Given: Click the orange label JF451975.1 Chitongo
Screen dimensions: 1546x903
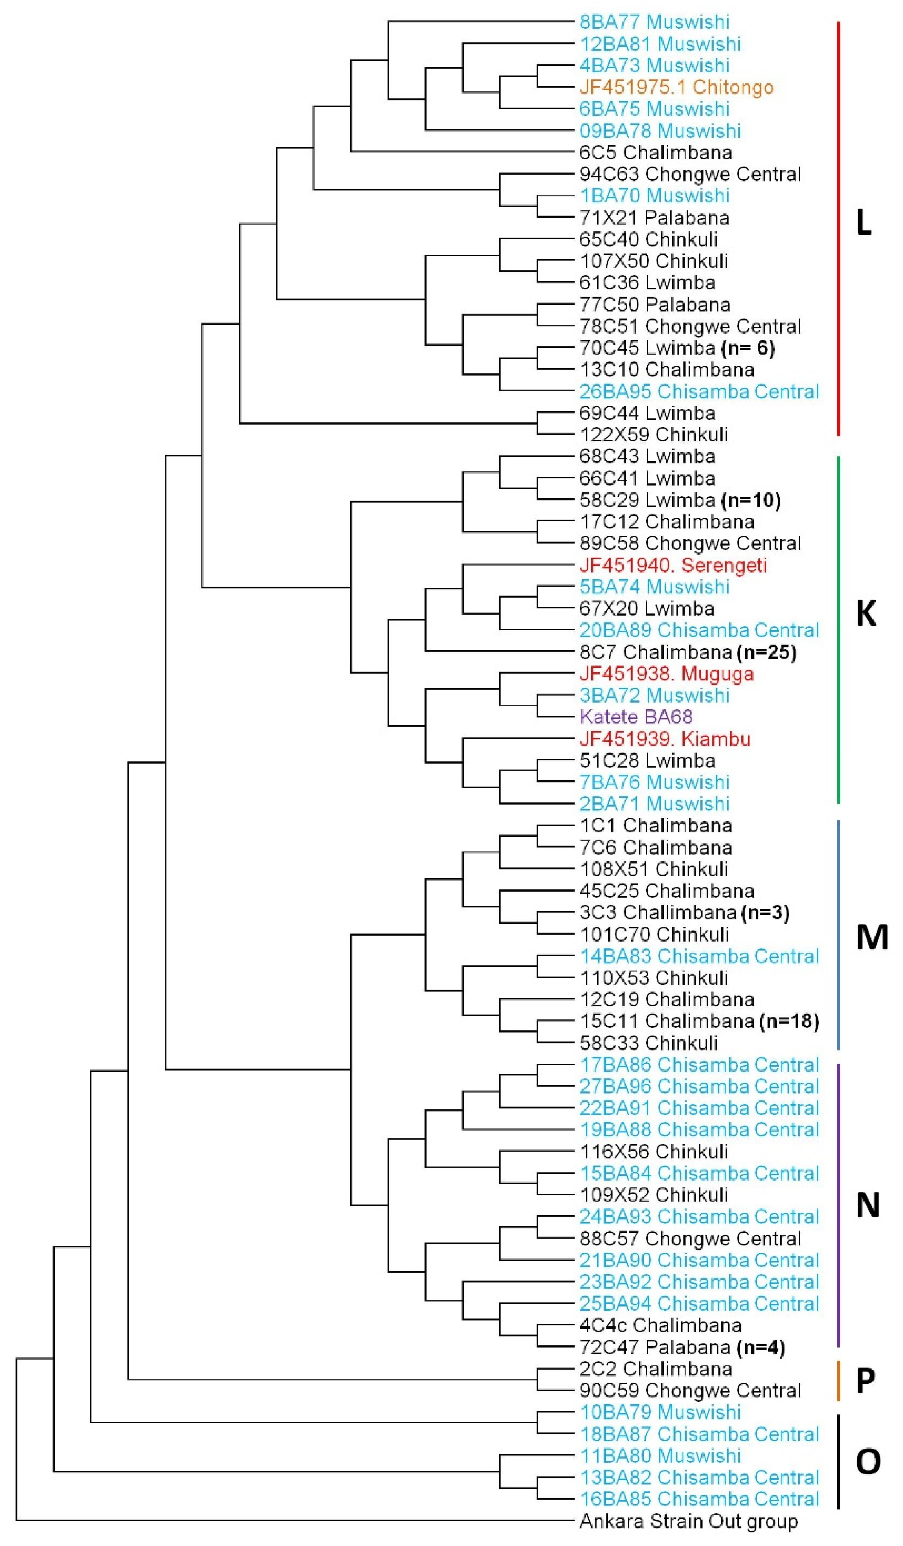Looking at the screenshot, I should (676, 88).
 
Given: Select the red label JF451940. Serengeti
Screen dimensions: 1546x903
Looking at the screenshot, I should (673, 565).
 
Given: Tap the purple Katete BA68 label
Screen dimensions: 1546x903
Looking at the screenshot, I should (636, 716).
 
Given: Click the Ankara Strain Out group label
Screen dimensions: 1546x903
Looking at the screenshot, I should (688, 1522).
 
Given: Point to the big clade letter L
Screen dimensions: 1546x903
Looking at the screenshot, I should (863, 224).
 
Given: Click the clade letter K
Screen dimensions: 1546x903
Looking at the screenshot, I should (866, 613).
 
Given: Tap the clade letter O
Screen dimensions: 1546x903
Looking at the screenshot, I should (868, 1461).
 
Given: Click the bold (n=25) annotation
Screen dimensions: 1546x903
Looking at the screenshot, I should (766, 652).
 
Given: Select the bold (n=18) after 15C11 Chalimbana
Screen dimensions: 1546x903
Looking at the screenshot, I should (789, 1021).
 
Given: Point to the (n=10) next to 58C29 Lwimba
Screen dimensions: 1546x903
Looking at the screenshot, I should (751, 500).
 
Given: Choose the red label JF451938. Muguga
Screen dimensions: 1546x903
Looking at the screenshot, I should (666, 674).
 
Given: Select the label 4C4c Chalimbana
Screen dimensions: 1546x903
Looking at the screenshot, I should (661, 1325).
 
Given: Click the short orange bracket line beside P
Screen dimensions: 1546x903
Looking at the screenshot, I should (838, 1380).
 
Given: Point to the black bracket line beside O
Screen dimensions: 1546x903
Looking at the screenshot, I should (838, 1461).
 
